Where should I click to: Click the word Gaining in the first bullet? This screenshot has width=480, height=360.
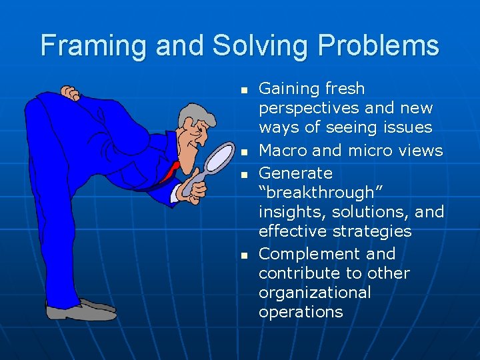(288, 89)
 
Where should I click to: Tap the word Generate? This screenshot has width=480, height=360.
(295, 173)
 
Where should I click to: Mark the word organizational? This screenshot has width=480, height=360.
(315, 293)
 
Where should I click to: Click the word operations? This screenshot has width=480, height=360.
(301, 312)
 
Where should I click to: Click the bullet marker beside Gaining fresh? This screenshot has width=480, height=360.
(244, 89)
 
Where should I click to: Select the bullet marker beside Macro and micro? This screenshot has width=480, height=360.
(244, 152)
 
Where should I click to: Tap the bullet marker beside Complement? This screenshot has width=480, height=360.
(244, 255)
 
